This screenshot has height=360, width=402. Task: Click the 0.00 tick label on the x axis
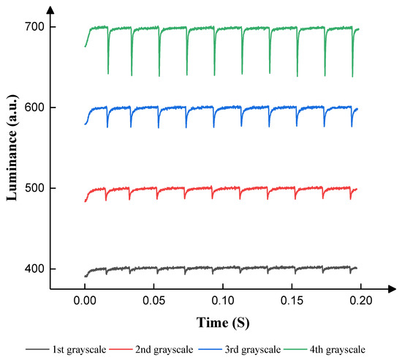(85, 299)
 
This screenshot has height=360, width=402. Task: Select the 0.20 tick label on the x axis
(361, 299)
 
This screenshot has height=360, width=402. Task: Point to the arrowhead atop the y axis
(49, 9)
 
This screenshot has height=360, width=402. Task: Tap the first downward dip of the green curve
(108, 72)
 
